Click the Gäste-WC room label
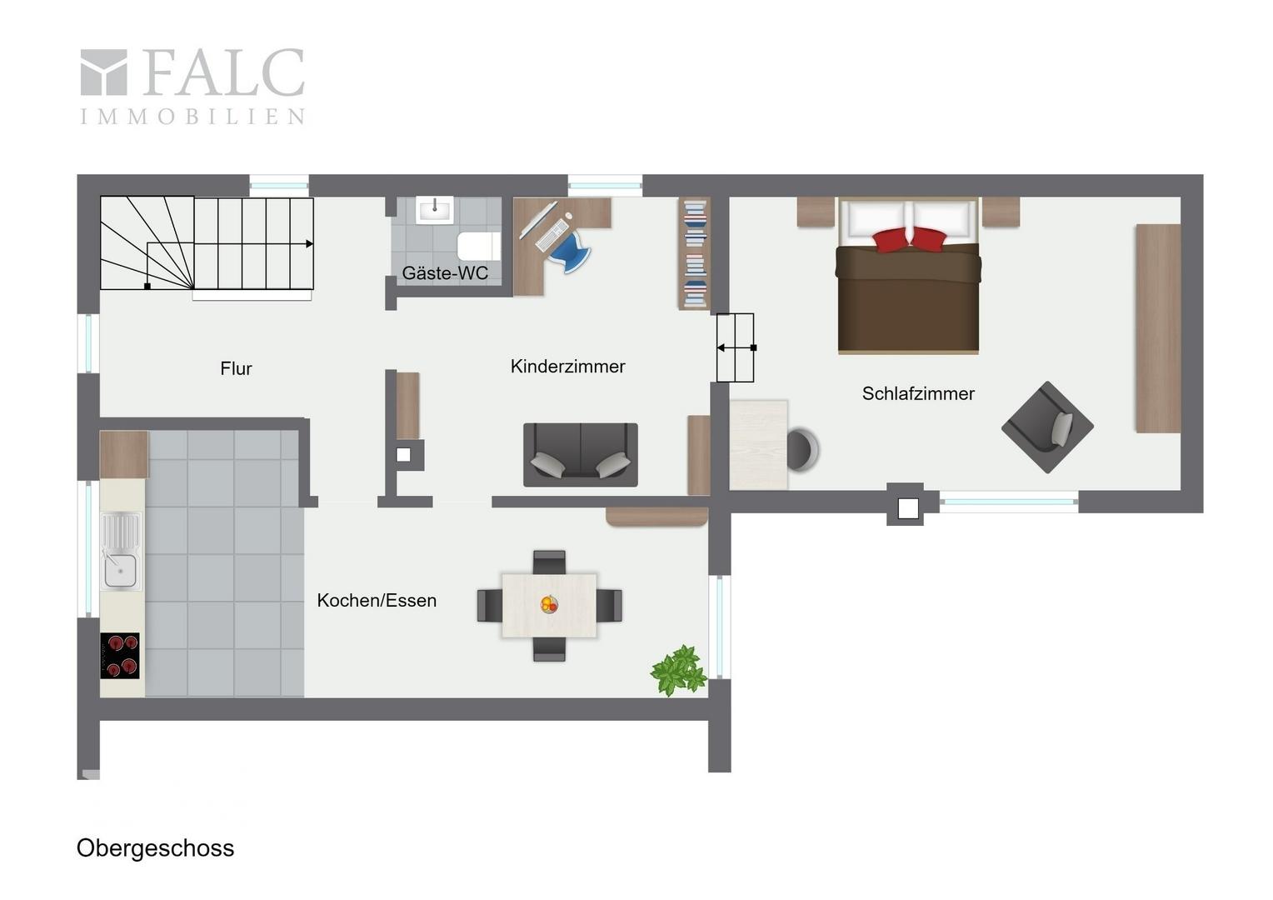pyautogui.click(x=445, y=273)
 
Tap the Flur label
pyautogui.click(x=236, y=368)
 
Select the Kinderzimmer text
pyautogui.click(x=567, y=366)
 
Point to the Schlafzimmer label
pyautogui.click(x=918, y=393)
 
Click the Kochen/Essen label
pyautogui.click(x=377, y=600)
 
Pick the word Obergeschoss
pyautogui.click(x=155, y=848)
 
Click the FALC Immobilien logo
pyautogui.click(x=192, y=86)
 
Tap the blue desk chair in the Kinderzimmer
pyautogui.click(x=570, y=252)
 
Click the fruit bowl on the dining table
pyautogui.click(x=549, y=604)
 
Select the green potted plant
pyautogui.click(x=678, y=670)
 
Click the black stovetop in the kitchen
pyautogui.click(x=120, y=656)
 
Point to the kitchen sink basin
pyautogui.click(x=121, y=571)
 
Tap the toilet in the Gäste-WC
pyautogui.click(x=478, y=246)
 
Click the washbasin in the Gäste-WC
pyautogui.click(x=435, y=210)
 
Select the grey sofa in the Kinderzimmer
pyautogui.click(x=580, y=455)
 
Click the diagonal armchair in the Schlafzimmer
pyautogui.click(x=1047, y=427)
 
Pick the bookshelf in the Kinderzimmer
pyautogui.click(x=695, y=253)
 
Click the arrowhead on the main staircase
pyautogui.click(x=310, y=244)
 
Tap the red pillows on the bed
pyautogui.click(x=909, y=239)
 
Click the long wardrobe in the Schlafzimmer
pyautogui.click(x=1158, y=328)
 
